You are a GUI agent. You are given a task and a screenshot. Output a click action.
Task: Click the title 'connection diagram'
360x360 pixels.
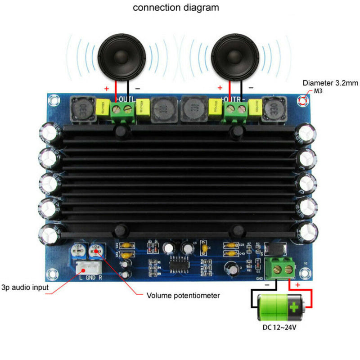176,8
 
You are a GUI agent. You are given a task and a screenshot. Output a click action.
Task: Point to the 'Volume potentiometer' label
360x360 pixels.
183,296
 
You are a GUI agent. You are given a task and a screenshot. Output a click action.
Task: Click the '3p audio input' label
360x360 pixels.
25,287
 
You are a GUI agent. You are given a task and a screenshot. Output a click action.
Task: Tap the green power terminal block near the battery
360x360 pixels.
280,270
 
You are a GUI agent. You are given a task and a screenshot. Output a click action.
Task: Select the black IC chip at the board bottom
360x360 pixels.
182,264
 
